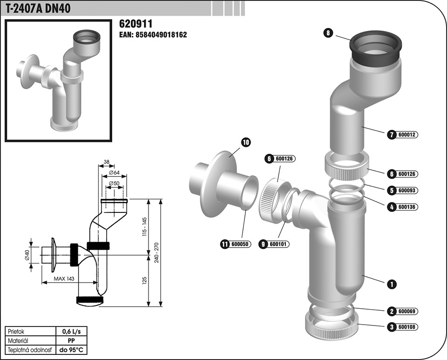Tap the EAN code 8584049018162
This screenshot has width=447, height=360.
pyautogui.click(x=153, y=34)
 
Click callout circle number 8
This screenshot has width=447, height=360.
pyautogui.click(x=329, y=33)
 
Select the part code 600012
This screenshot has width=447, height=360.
pyautogui.click(x=407, y=135)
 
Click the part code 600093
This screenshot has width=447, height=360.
pyautogui.click(x=407, y=190)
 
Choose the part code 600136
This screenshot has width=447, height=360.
pyautogui.click(x=407, y=206)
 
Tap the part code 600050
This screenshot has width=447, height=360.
pyautogui.click(x=240, y=244)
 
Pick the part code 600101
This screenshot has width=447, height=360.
pyautogui.click(x=278, y=244)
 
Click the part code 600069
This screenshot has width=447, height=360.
pyautogui.click(x=407, y=311)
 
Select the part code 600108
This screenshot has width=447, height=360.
pyautogui.click(x=407, y=327)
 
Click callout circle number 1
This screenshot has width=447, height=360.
pyautogui.click(x=392, y=283)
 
